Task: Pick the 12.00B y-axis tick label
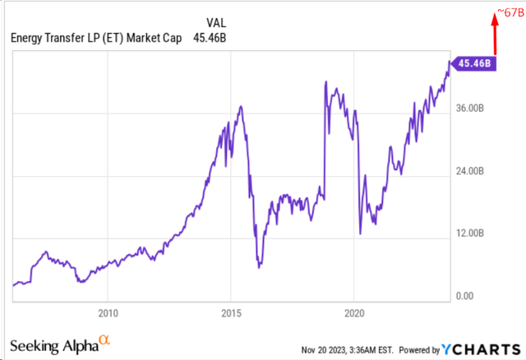[474, 233]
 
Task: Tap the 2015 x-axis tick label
[231, 313]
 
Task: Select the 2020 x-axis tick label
[353, 313]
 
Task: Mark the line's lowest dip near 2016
[259, 267]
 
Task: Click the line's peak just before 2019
[325, 81]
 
